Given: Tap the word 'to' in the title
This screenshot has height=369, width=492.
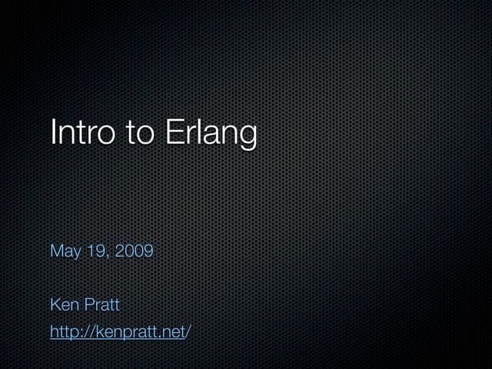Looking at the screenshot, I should pos(140,132).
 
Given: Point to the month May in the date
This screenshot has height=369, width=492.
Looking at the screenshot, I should pos(65,252).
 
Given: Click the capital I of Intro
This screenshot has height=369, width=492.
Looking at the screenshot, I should pos(53,132).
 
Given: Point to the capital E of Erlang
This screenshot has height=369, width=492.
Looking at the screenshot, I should pos(171,132).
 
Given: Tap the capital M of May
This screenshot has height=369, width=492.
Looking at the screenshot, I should pos(55,251).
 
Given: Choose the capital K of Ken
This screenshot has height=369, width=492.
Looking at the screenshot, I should pos(55,305).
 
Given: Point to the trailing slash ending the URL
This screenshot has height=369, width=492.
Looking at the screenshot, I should pos(188,332).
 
